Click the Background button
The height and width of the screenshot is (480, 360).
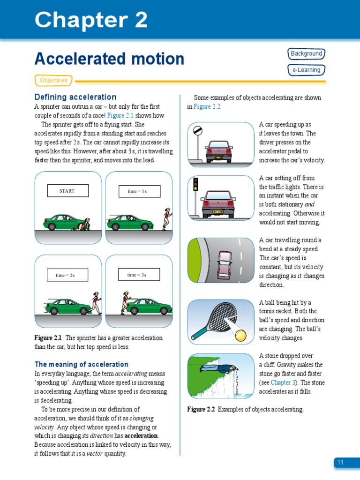tap(306, 54)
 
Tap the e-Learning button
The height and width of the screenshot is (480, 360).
tap(306, 70)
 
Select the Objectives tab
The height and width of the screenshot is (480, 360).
tap(53, 81)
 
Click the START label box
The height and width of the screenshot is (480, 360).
tap(67, 191)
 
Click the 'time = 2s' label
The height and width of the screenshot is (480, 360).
tap(67, 275)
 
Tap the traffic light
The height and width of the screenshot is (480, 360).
tap(195, 184)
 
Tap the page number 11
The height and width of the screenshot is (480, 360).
tap(340, 463)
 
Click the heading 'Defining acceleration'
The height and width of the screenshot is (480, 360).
tap(75, 97)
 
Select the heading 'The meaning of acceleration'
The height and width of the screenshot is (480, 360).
tap(82, 364)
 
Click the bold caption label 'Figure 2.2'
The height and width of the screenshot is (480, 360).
tap(201, 409)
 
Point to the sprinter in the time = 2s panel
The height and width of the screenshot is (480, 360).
tap(96, 302)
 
